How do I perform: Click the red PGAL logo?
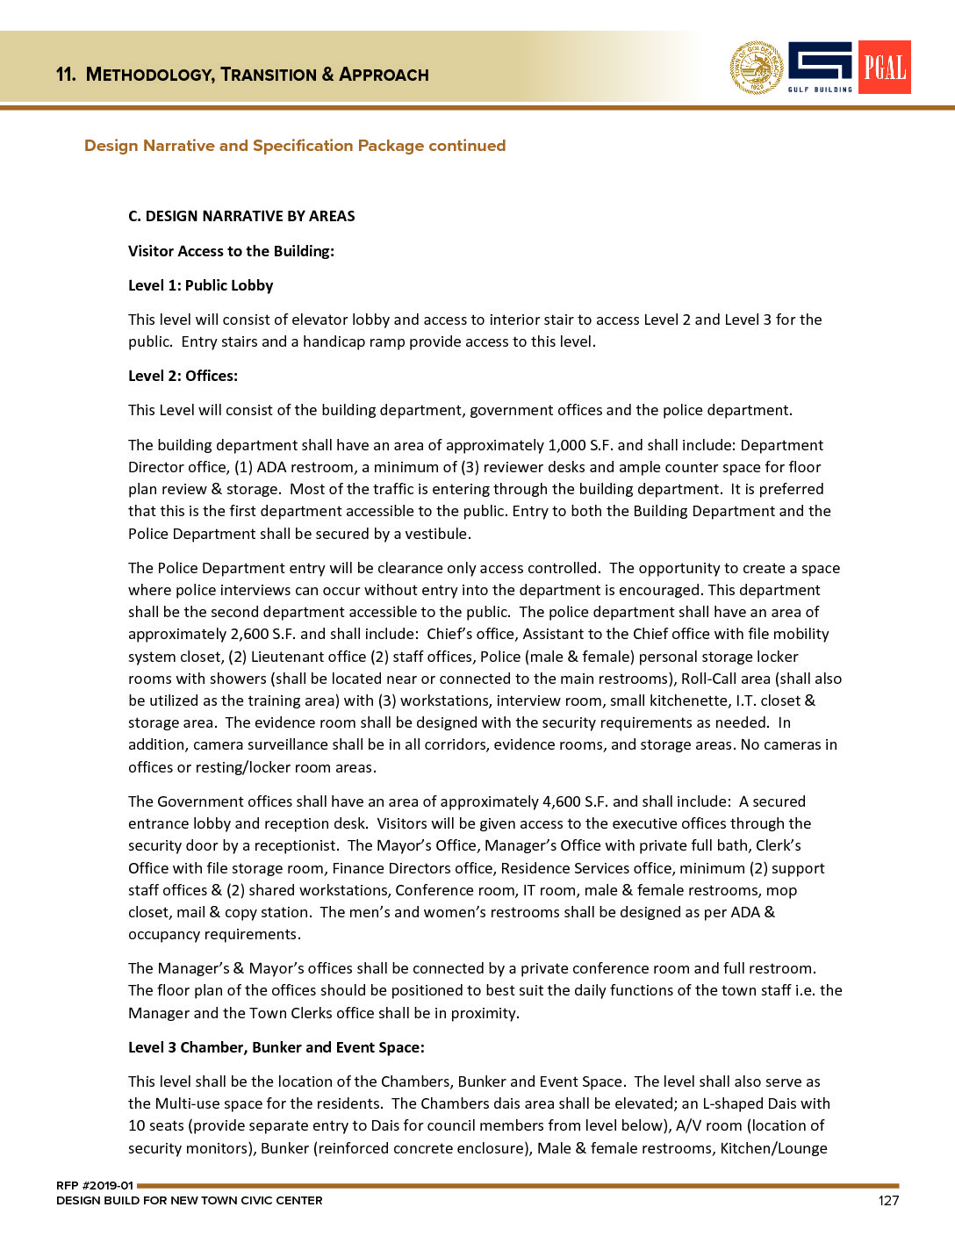pyautogui.click(x=884, y=67)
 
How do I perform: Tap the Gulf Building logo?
pyautogui.click(x=820, y=67)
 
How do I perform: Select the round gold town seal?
pyautogui.click(x=757, y=68)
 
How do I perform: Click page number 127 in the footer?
pyautogui.click(x=888, y=1200)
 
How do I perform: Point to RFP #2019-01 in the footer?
pyautogui.click(x=94, y=1185)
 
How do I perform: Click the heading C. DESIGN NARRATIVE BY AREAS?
pyautogui.click(x=241, y=216)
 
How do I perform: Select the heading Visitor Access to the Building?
pyautogui.click(x=231, y=251)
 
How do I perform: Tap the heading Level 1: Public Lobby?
pyautogui.click(x=200, y=285)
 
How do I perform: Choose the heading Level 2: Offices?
pyautogui.click(x=183, y=376)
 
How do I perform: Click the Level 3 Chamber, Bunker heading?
pyautogui.click(x=276, y=1047)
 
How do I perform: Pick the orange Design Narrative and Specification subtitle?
pyautogui.click(x=295, y=146)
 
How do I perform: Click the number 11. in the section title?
pyautogui.click(x=66, y=75)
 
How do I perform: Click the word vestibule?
pyautogui.click(x=437, y=534)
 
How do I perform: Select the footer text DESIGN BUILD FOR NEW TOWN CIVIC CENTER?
pyautogui.click(x=189, y=1200)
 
